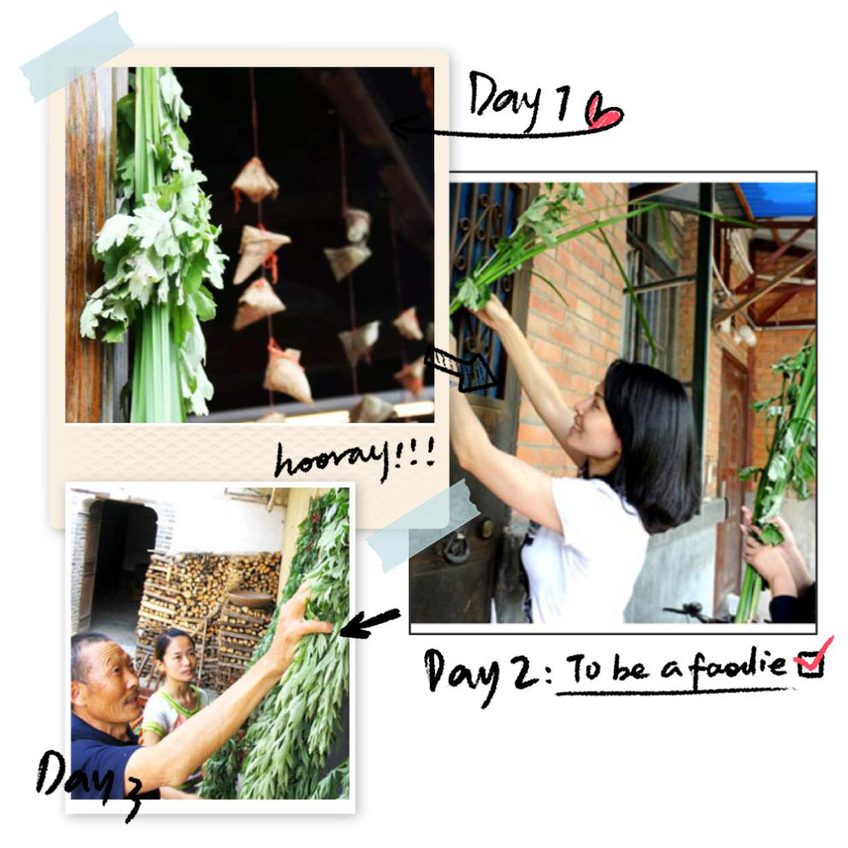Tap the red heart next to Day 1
point(604,112)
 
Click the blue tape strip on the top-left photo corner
point(77,56)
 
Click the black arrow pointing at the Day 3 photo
point(370,622)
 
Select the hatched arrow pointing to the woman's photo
point(460,368)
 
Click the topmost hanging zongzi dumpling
point(255,181)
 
